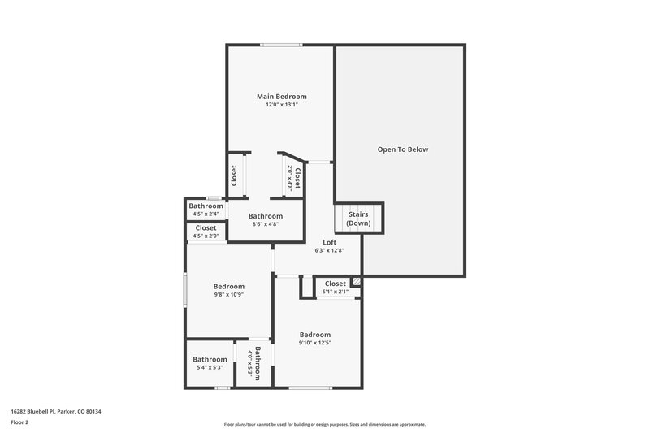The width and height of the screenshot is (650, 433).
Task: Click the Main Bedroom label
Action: click(x=281, y=97)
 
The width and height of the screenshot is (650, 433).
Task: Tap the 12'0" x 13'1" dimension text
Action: click(x=281, y=105)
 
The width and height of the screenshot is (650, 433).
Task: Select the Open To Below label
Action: click(x=402, y=149)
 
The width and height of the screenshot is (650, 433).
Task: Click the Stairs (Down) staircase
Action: click(x=358, y=219)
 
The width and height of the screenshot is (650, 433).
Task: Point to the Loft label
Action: click(x=330, y=242)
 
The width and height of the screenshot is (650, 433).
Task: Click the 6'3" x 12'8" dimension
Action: click(x=330, y=250)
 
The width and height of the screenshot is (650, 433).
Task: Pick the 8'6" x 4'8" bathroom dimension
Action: click(x=266, y=224)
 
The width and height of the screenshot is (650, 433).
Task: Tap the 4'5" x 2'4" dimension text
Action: click(x=206, y=214)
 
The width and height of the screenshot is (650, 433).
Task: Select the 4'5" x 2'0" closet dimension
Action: click(x=206, y=236)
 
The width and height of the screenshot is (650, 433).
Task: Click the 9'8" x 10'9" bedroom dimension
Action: click(x=229, y=294)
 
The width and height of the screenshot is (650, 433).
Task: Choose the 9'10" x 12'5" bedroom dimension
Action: click(x=315, y=343)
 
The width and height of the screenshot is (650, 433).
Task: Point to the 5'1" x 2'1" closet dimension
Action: click(x=336, y=292)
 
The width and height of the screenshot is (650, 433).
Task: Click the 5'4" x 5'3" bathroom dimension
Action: click(x=210, y=367)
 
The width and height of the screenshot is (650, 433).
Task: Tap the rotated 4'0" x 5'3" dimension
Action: click(x=250, y=364)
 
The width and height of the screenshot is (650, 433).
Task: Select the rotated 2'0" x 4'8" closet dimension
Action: click(x=289, y=178)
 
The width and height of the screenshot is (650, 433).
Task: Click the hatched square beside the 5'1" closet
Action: click(x=356, y=282)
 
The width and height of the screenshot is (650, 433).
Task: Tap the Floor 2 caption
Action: click(x=20, y=422)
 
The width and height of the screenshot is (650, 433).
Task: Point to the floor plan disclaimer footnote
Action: click(x=325, y=424)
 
